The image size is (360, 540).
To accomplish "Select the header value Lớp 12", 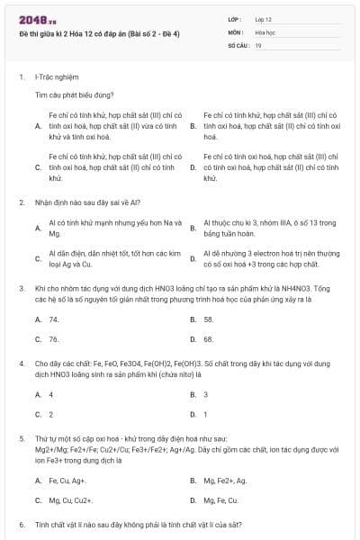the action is click(263, 19).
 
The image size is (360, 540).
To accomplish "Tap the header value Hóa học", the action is click(265, 31).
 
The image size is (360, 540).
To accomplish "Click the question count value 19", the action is click(258, 44).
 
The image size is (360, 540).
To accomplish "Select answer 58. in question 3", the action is click(209, 319).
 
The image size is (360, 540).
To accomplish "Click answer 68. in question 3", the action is click(209, 339).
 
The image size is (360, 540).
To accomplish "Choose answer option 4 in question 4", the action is click(51, 394).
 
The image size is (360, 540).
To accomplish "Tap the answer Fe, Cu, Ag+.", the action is click(68, 480).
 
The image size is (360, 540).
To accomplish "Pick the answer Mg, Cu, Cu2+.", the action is click(71, 499).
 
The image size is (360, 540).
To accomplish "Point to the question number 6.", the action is click(21, 524).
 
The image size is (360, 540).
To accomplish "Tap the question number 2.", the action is click(21, 202).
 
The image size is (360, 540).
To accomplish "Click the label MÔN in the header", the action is click(236, 31).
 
